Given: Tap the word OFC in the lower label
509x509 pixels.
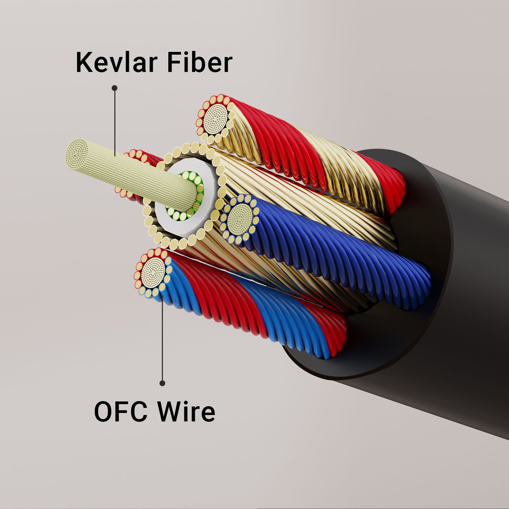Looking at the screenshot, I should click(120, 412).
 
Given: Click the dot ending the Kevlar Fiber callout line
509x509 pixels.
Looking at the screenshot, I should click(115, 88).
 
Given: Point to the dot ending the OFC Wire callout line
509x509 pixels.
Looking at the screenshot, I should click(162, 383).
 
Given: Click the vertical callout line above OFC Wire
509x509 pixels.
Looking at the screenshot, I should click(162, 339).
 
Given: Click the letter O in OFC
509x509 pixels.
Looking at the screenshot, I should click(103, 412).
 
